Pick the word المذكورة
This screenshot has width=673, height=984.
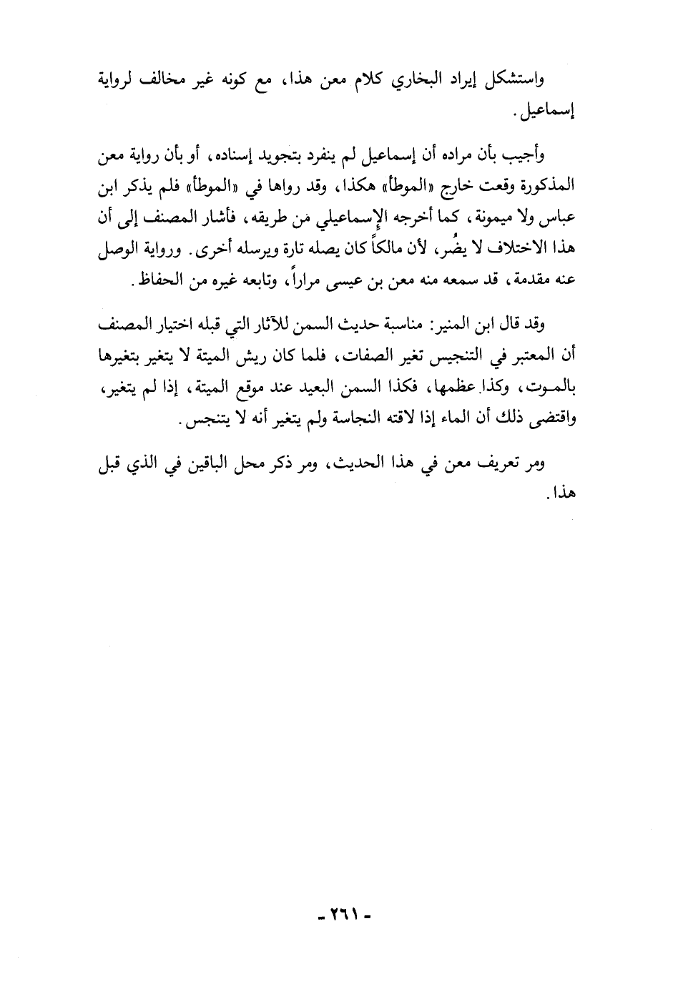click(544, 187)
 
